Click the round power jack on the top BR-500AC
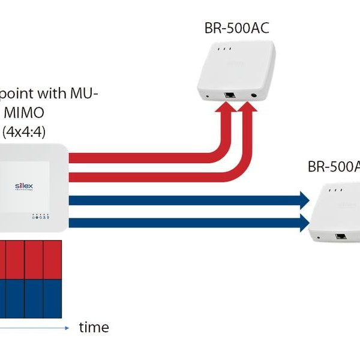coord(256,94)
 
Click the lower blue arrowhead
coord(302,223)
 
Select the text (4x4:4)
coord(27,132)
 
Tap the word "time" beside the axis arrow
coord(94,328)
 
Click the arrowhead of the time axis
coord(67,328)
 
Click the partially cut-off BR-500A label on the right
coord(334,167)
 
